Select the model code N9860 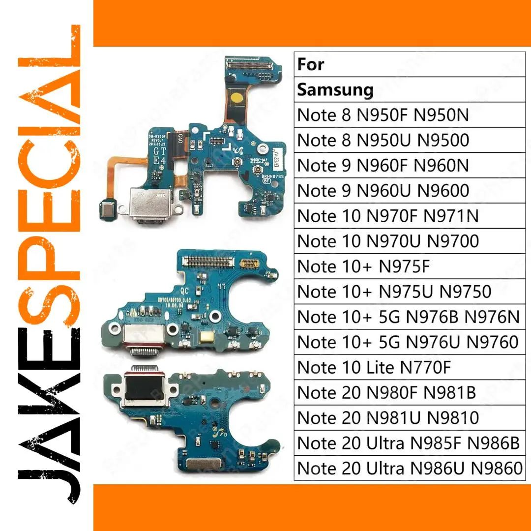(x=497, y=468)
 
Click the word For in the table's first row (x=311, y=64)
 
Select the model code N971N (x=452, y=216)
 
